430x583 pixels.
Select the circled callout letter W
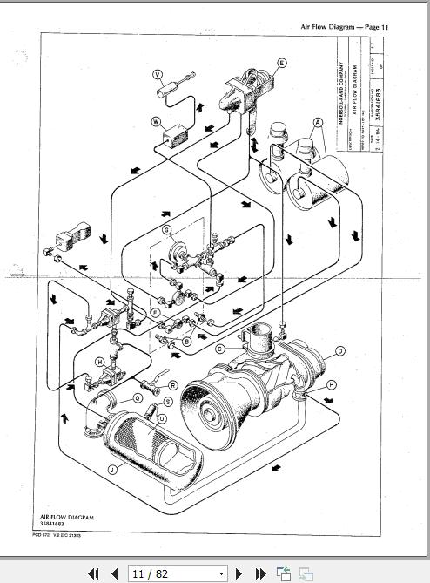157,121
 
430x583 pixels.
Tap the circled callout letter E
282,63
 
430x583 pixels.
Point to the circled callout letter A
319,122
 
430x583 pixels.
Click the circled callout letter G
165,230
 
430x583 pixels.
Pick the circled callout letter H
100,361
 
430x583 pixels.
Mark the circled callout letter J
112,470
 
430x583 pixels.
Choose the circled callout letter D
340,351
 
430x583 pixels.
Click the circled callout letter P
331,383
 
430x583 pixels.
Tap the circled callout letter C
220,349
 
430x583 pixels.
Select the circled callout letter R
172,384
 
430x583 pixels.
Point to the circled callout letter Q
138,397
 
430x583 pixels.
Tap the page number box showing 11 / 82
177,573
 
